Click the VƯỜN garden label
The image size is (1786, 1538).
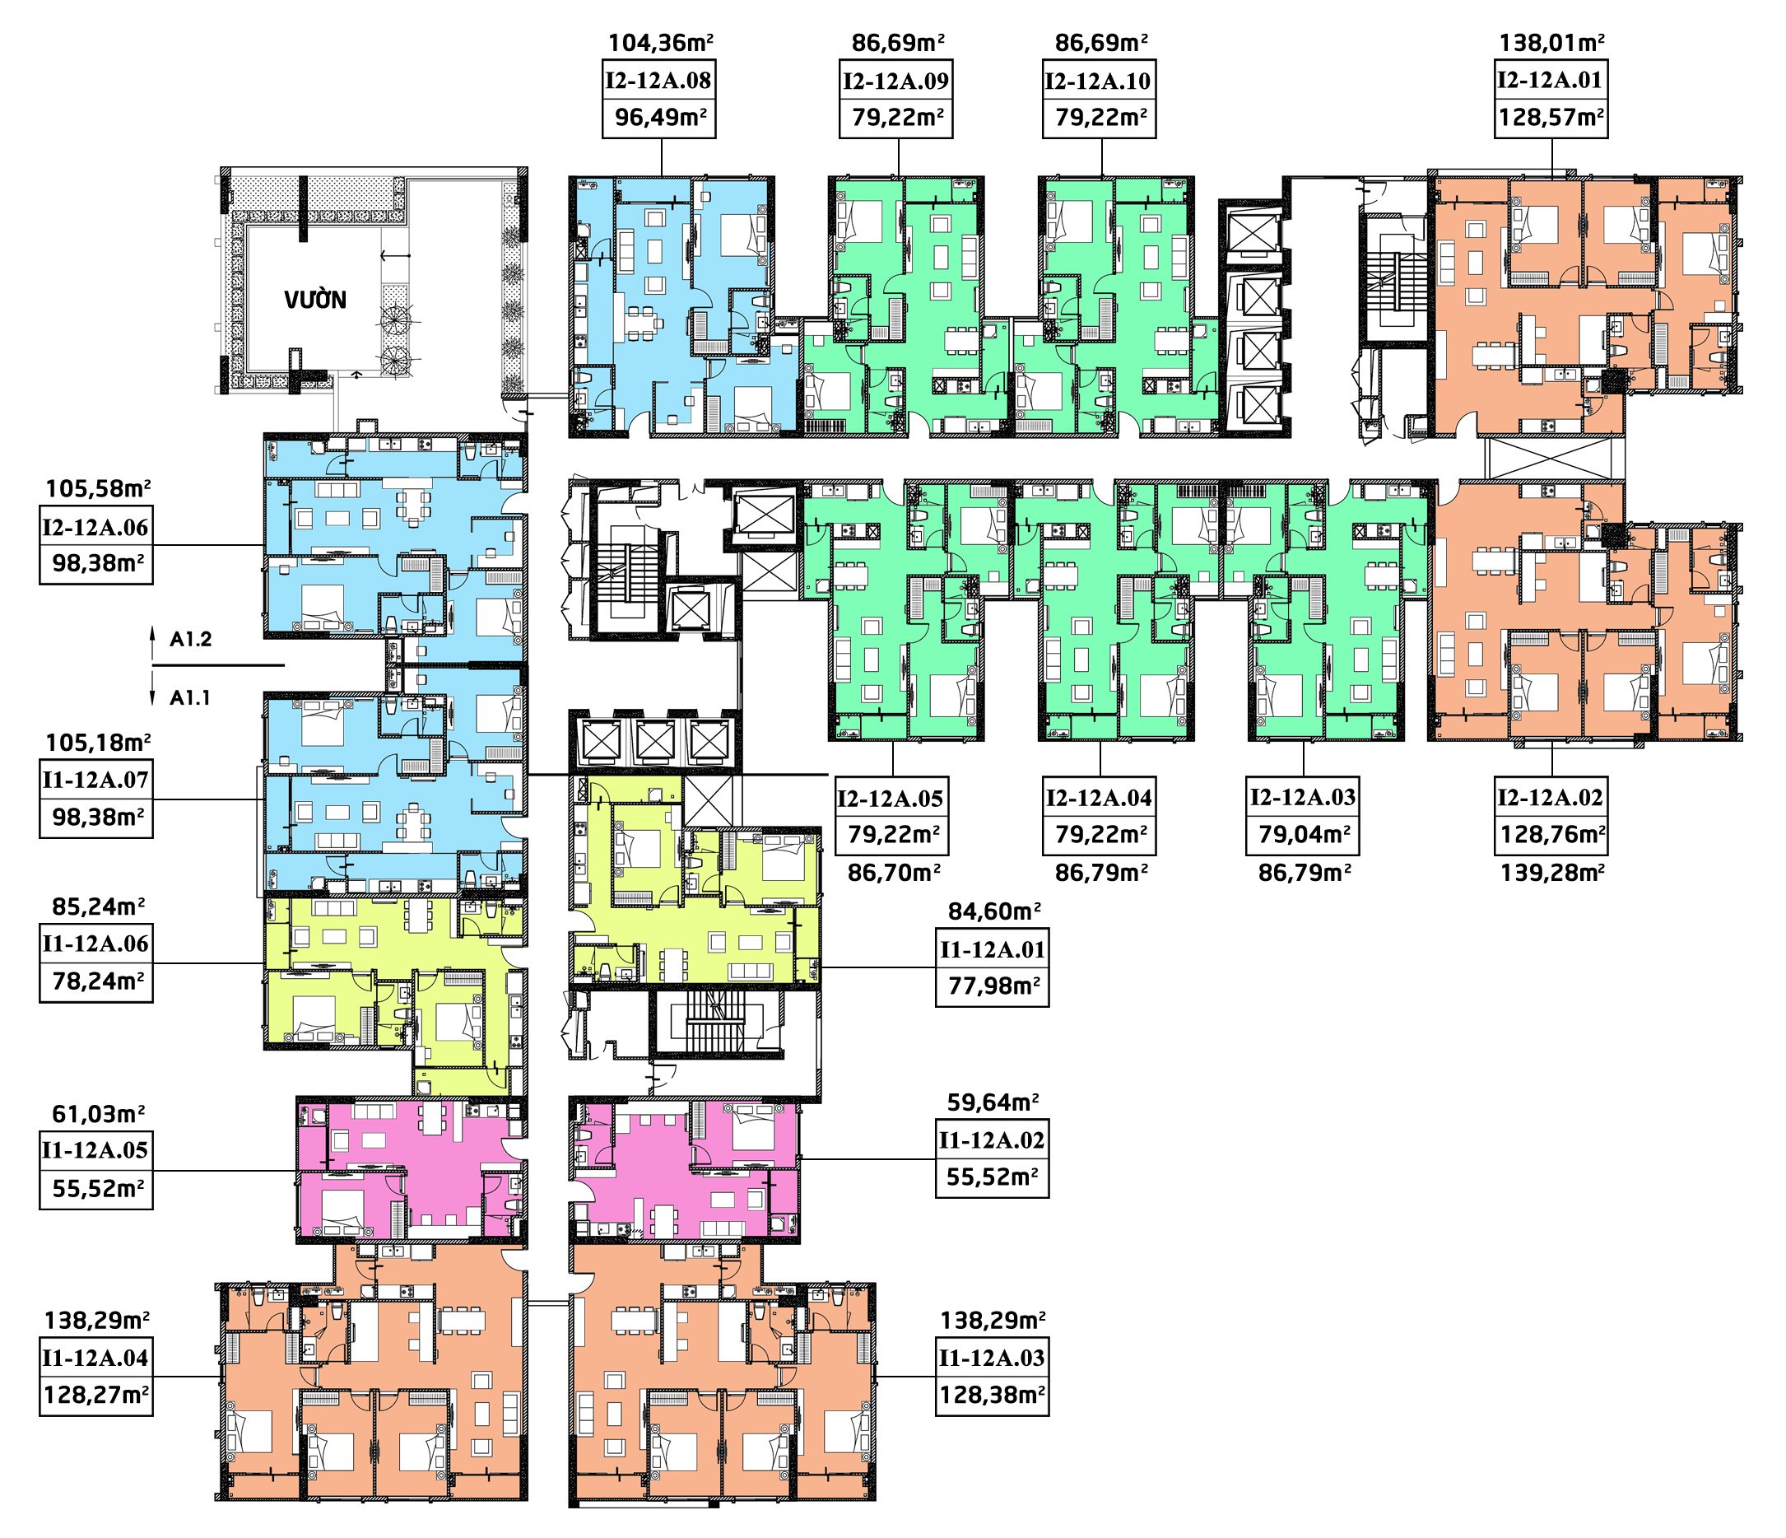pos(315,300)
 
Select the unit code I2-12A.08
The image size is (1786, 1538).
pos(658,81)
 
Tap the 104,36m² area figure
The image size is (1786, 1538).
pos(661,42)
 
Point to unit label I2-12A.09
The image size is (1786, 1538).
pos(896,81)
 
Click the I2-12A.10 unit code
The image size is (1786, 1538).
pos(1098,81)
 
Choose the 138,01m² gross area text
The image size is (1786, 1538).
pos(1552,42)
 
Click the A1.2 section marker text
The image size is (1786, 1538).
pos(190,640)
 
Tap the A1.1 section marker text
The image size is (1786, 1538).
pos(190,698)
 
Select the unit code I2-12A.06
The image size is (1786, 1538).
pos(95,527)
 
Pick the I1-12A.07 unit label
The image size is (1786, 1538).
pos(95,781)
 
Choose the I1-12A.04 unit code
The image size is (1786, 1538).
pos(95,1359)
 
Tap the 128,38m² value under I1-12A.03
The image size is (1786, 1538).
pos(993,1396)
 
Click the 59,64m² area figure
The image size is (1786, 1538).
pos(993,1102)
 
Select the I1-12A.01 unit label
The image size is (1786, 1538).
pos(992,950)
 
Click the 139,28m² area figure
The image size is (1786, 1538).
pos(1551,873)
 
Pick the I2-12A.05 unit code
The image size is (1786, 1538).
pos(891,799)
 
